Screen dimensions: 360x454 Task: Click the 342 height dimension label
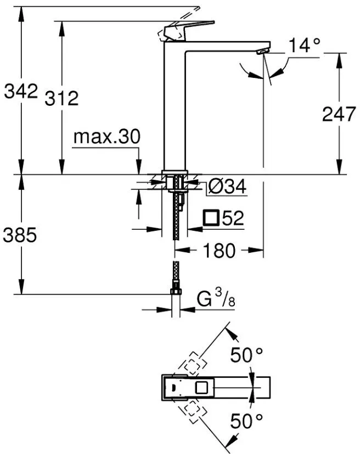[21, 91]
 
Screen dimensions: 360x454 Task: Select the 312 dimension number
[61, 98]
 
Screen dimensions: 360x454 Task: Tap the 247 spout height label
[339, 114]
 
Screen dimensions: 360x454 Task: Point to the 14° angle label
[305, 45]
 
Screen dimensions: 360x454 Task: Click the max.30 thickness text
[107, 137]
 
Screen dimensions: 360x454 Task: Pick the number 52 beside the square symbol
[233, 218]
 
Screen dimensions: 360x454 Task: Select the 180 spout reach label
[219, 251]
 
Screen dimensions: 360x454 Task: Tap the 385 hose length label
[20, 235]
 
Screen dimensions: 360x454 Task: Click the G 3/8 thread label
[216, 298]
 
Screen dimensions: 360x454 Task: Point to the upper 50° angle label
[246, 355]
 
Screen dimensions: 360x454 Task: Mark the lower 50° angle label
[246, 421]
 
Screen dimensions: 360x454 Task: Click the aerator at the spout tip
[263, 52]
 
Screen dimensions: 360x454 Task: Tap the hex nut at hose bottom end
[176, 291]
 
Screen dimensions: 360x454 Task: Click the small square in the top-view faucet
[202, 388]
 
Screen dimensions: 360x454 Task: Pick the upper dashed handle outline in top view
[193, 364]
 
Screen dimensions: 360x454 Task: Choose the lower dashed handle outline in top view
[193, 411]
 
